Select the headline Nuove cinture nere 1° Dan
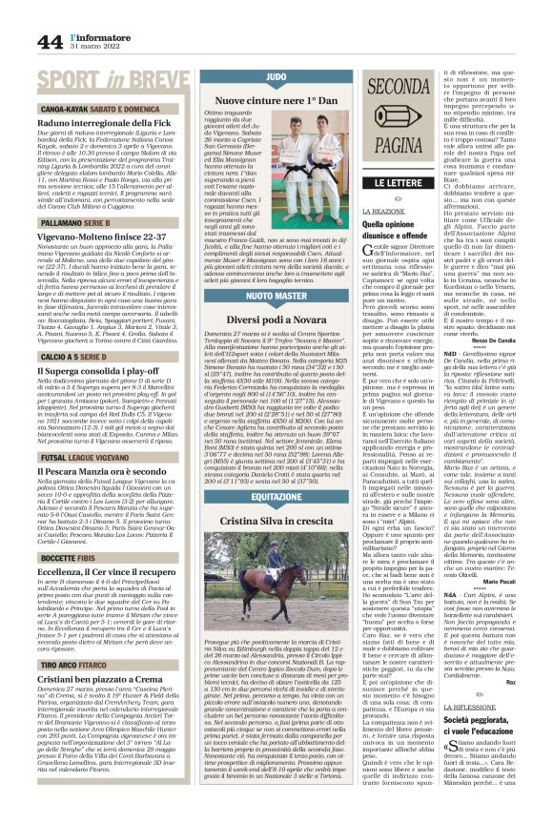tap(277, 99)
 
